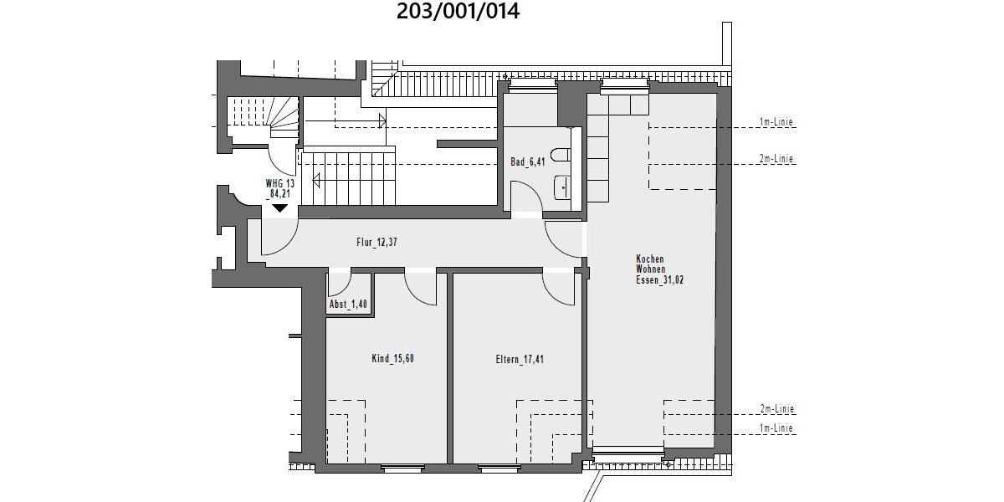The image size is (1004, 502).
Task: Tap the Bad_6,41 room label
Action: coord(528,162)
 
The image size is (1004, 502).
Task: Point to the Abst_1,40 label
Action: coord(347,305)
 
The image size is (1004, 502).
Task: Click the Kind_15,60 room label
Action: coord(392,359)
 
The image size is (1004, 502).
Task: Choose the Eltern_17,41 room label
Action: coord(521,360)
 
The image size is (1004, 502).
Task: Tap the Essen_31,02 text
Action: coord(659,281)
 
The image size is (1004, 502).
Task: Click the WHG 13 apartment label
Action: coord(279,183)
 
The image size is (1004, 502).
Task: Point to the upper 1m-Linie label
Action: coord(776,123)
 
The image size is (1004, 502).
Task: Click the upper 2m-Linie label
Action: coord(776,159)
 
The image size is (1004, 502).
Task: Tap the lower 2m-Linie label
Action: coord(776,409)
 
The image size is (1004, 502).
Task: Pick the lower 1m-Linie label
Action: coord(776,428)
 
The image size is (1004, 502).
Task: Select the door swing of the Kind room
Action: coord(421,289)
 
